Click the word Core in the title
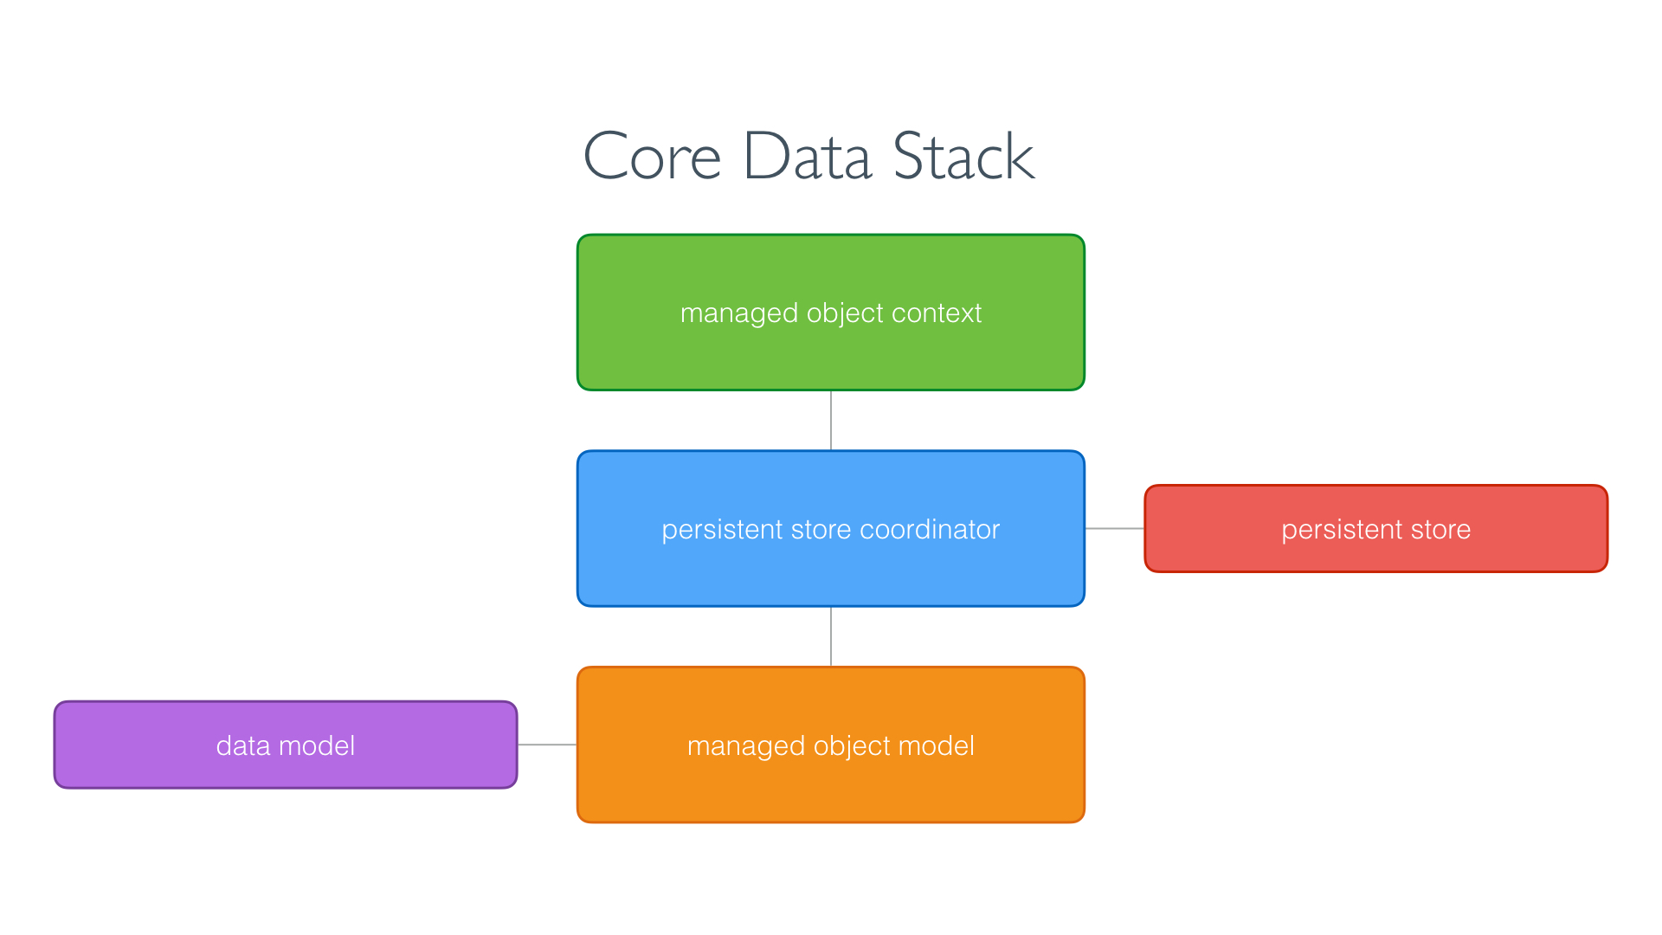click(652, 157)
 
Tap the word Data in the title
click(807, 157)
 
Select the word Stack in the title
click(963, 157)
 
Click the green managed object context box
click(831, 355)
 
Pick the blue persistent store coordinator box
click(831, 571)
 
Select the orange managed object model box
click(831, 788)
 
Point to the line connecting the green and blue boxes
click(831, 420)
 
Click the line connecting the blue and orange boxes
click(831, 636)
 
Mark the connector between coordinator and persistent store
click(1115, 528)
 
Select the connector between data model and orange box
click(547, 745)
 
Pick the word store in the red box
click(1440, 529)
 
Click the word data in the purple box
click(243, 745)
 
